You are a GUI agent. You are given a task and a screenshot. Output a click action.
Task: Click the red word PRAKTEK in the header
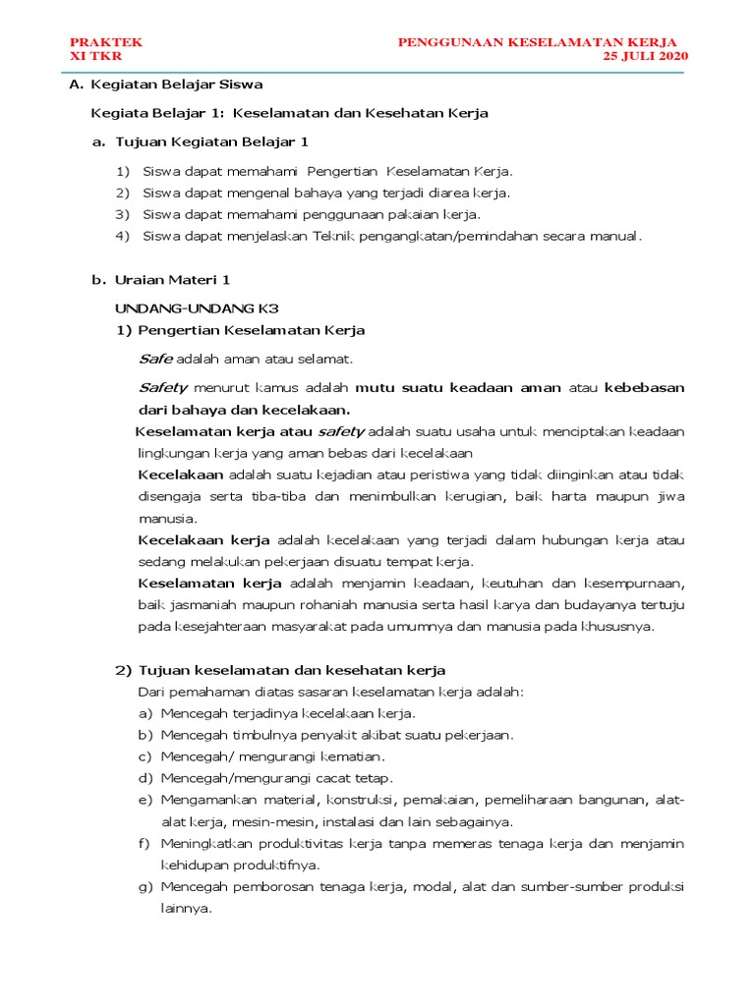[x=106, y=41]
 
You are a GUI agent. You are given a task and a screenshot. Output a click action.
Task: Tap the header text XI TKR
[x=95, y=56]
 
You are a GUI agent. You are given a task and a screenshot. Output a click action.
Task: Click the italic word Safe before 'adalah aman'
[x=155, y=359]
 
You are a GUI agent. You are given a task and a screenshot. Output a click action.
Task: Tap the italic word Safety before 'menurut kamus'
[x=162, y=387]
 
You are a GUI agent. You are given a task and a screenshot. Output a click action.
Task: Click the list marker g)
[x=145, y=886]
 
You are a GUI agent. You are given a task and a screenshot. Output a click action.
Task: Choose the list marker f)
[x=145, y=843]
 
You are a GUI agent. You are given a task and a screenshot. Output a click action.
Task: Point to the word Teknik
[x=337, y=236]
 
